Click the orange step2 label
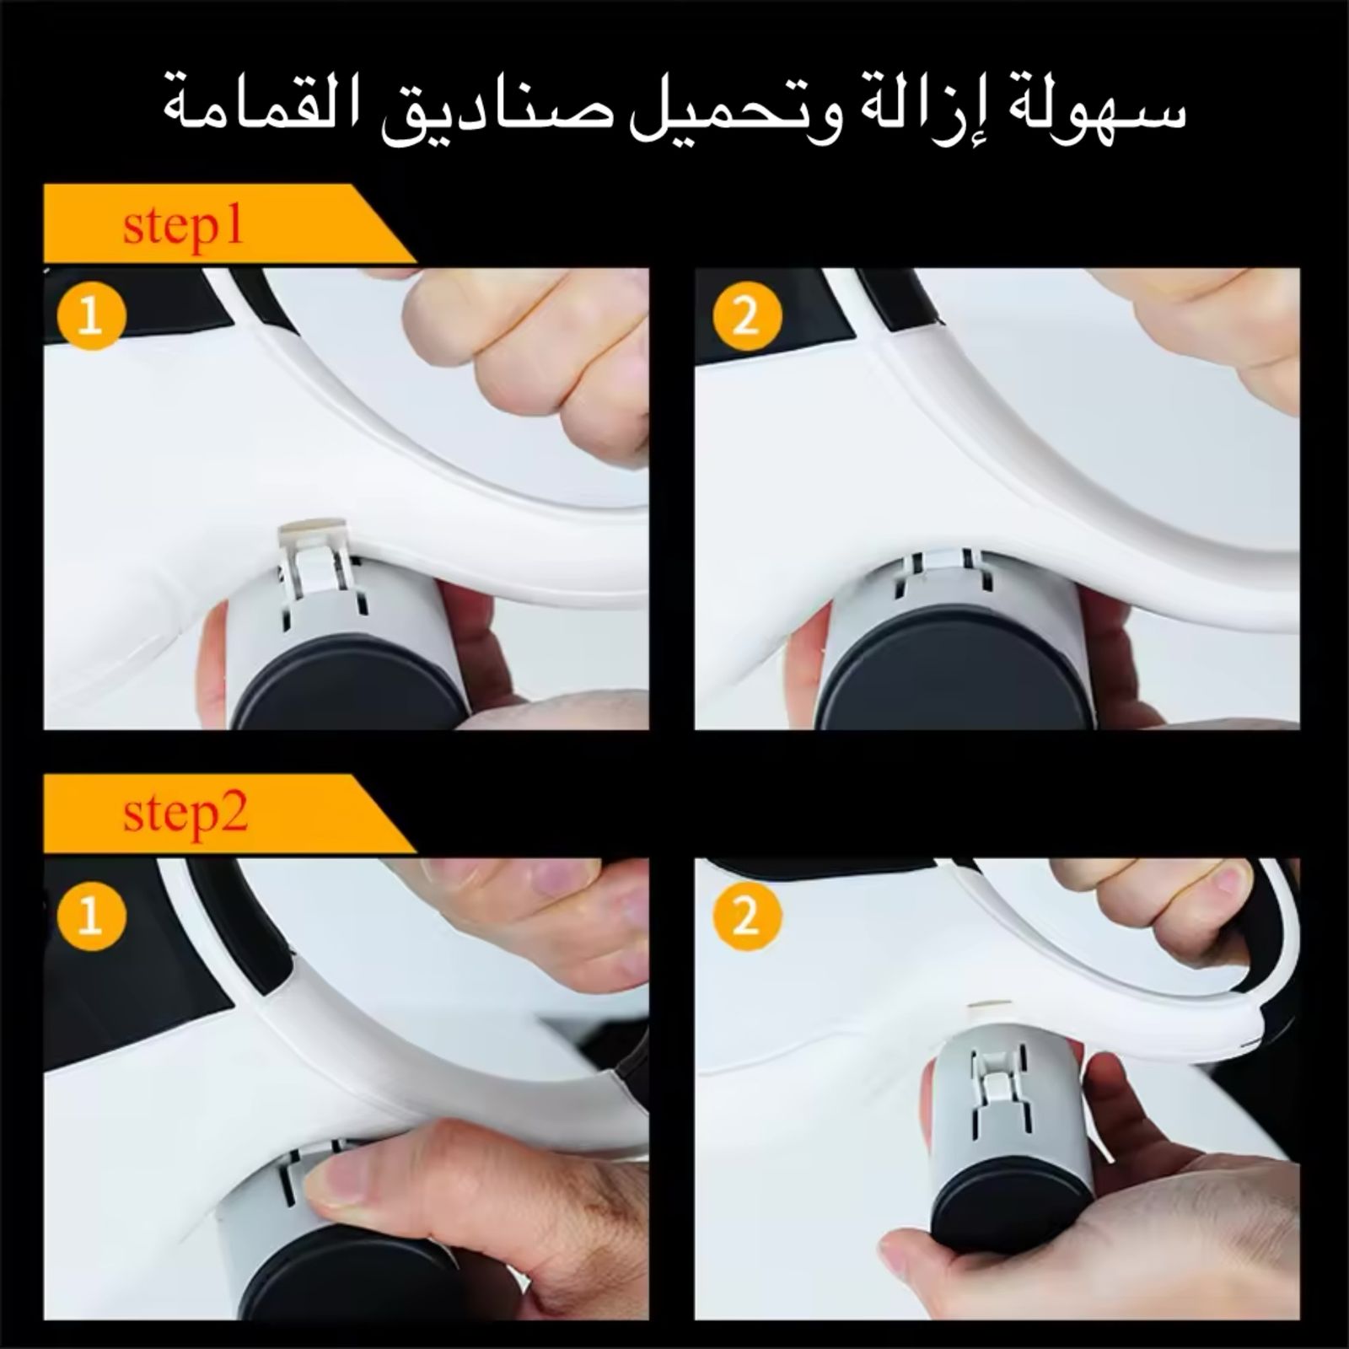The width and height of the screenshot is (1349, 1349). [185, 814]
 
